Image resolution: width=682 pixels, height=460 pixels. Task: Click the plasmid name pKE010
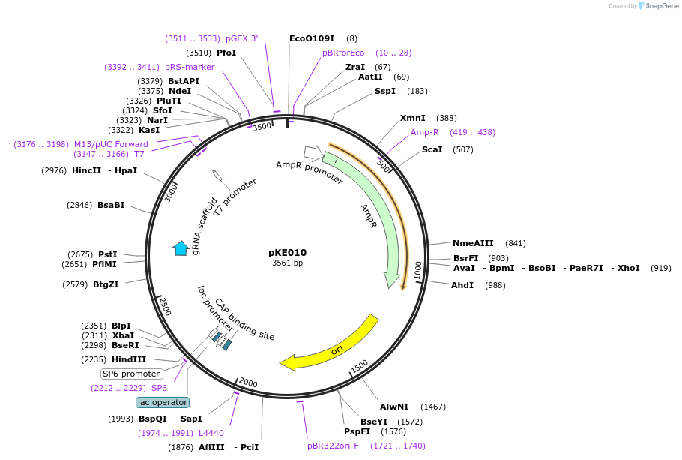(287, 253)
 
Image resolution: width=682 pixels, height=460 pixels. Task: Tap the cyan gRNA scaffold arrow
(181, 248)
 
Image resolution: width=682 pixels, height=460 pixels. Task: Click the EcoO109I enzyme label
(312, 38)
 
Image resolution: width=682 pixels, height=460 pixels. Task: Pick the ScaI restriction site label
(432, 149)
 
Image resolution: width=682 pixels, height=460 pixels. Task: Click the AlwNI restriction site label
(394, 407)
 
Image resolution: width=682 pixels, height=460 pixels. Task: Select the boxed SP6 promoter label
(131, 374)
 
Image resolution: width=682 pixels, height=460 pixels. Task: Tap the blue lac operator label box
(163, 402)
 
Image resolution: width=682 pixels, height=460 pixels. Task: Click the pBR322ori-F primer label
(333, 446)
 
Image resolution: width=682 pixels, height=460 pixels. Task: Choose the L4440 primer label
(211, 433)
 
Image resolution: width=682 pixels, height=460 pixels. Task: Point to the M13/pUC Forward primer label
(111, 144)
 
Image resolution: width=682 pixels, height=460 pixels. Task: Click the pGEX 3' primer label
(241, 38)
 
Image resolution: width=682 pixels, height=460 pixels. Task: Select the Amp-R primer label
(425, 132)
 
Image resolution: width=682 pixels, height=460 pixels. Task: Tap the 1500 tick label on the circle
(360, 365)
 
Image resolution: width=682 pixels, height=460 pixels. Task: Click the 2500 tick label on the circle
(166, 307)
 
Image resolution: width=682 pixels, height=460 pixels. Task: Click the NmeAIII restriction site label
(473, 243)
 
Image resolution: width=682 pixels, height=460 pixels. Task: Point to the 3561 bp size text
(287, 263)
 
